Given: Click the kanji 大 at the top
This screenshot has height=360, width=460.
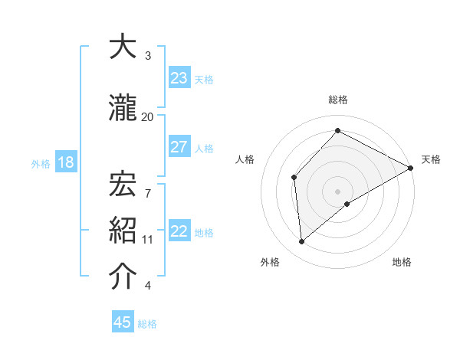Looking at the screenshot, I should pyautogui.click(x=123, y=47).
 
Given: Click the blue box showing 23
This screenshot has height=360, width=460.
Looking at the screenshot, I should pyautogui.click(x=179, y=78).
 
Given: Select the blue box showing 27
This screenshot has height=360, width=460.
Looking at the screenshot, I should pyautogui.click(x=179, y=147).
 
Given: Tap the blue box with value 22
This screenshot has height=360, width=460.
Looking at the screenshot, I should pyautogui.click(x=179, y=232).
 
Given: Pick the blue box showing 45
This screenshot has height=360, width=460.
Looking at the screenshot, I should pyautogui.click(x=123, y=322).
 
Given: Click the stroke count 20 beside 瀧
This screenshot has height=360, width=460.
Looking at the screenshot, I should pyautogui.click(x=147, y=116).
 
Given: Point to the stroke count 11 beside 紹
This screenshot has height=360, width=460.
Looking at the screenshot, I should pyautogui.click(x=147, y=239).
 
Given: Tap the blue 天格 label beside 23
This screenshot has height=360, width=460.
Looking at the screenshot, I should pyautogui.click(x=204, y=79).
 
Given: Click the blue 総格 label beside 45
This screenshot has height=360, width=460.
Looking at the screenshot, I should pyautogui.click(x=147, y=324).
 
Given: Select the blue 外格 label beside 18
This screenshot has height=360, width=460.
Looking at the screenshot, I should pyautogui.click(x=41, y=164).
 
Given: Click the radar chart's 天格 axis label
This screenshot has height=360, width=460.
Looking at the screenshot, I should pyautogui.click(x=431, y=159).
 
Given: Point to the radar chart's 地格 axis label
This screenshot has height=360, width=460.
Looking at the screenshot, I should pyautogui.click(x=402, y=263).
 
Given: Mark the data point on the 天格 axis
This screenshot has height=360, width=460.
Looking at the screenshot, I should pyautogui.click(x=411, y=168).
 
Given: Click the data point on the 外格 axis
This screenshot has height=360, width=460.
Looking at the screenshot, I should pyautogui.click(x=302, y=242).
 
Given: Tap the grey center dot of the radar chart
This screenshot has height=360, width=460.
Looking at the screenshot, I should pyautogui.click(x=337, y=191).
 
